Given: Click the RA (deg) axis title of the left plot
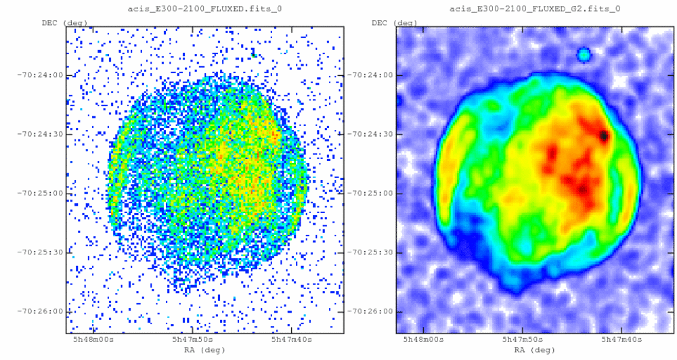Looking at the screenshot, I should pos(204,350).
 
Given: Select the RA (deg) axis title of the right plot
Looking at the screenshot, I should pos(534,350).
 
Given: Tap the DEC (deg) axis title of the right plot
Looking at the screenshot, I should pos(395,23).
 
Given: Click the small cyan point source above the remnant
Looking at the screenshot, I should pos(584,54).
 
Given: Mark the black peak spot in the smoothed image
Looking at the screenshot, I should pos(603,136).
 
